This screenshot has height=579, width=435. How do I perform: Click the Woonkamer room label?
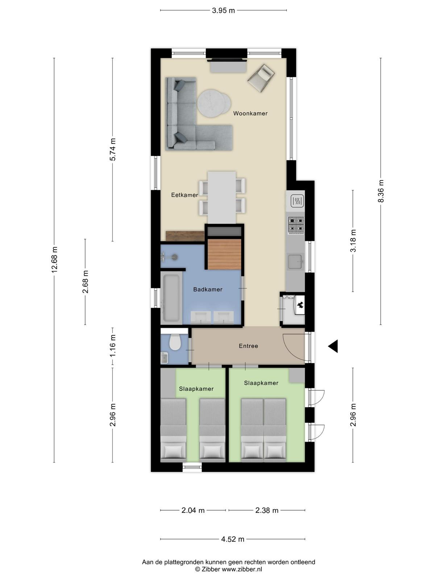[x=250, y=113]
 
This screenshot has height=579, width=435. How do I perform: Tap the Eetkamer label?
[x=185, y=195]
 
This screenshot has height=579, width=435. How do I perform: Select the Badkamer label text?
[x=208, y=289]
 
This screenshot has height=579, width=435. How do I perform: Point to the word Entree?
[x=248, y=346]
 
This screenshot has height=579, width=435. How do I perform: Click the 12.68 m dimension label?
[x=55, y=260]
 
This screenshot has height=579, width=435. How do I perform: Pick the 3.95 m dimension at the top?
[x=223, y=10]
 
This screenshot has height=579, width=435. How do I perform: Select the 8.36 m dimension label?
[x=381, y=191]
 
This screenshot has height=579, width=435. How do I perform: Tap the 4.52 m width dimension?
[x=232, y=539]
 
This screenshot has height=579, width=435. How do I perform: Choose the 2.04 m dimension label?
[x=193, y=510]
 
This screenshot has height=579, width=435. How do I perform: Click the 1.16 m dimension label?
[x=113, y=346]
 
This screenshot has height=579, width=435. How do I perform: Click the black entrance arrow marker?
[x=333, y=346]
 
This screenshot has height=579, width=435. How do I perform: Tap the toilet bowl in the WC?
[x=175, y=342]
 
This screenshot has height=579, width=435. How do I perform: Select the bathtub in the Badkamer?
[x=171, y=298]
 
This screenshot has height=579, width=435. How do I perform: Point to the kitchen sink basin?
[x=295, y=261]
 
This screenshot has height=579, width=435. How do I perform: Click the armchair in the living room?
[x=261, y=78]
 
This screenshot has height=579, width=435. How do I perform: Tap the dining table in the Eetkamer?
[x=221, y=197]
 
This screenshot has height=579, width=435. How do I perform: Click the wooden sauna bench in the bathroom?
[x=224, y=254]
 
